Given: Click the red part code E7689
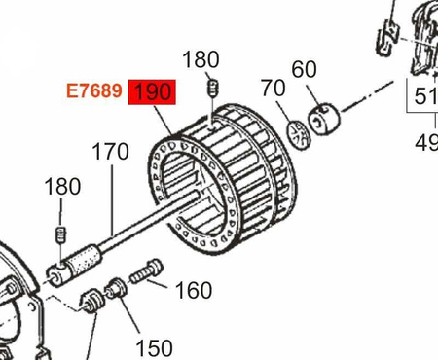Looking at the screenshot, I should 93,91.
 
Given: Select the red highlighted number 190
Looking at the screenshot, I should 153,91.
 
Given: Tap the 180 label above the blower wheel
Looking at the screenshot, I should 201,60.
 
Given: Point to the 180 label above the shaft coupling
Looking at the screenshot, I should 62,186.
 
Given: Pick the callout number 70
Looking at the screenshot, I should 274,89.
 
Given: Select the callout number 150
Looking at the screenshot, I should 153,347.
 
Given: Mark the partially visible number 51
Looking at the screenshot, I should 424,96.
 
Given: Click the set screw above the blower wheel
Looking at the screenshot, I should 210,90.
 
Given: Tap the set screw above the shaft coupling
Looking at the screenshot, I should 60,234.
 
